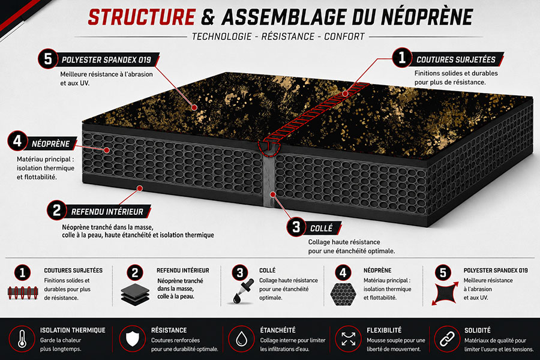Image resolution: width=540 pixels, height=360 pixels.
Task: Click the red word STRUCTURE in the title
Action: pos(142,17)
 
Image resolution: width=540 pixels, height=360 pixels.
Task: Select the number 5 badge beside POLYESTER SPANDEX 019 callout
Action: pos(48,59)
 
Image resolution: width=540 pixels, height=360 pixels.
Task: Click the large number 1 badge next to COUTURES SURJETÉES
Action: pos(402,58)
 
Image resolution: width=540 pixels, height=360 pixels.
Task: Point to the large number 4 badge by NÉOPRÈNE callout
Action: pos(17,140)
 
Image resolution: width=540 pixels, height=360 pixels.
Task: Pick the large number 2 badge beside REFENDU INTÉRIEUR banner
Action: pos(57,210)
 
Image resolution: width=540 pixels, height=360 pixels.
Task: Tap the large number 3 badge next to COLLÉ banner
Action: pos(296,227)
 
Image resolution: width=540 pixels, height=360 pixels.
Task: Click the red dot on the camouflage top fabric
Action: pos(194,107)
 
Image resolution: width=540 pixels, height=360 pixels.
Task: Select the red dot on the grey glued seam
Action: pos(272,194)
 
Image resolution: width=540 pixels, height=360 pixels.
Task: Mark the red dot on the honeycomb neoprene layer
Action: pos(107,150)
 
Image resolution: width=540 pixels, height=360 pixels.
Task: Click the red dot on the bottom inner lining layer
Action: pos(140,188)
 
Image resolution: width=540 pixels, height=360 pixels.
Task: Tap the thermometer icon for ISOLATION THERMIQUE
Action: pos(22,338)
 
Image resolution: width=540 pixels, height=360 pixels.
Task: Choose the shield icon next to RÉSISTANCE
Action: pos(133,338)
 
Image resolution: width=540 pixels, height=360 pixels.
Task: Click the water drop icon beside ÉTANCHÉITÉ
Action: pos(241,338)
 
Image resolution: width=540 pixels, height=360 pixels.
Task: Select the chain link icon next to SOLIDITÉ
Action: pos(447,339)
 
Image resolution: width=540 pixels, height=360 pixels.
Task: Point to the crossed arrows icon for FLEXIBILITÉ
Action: pos(349,339)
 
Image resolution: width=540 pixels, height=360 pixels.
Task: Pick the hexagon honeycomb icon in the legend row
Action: pos(343,294)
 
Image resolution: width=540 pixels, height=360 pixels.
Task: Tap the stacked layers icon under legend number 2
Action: pos(135,295)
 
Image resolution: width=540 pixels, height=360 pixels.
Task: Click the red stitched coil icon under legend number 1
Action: pos(23,293)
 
